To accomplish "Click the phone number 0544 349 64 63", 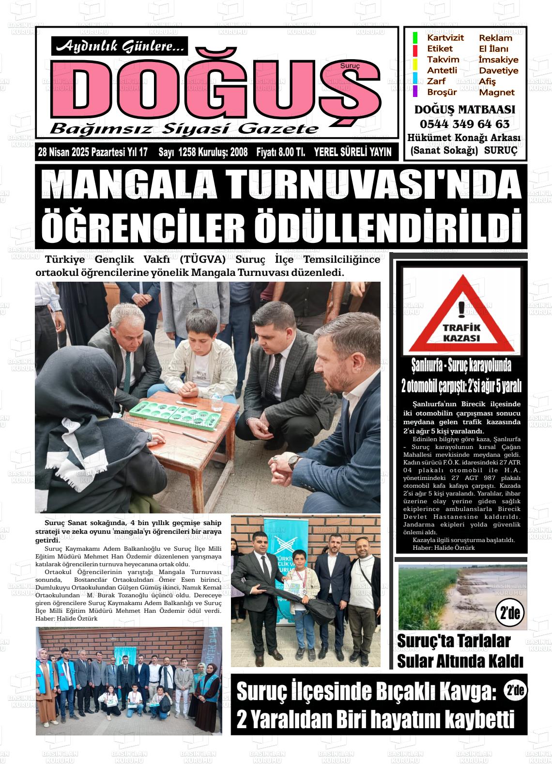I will coord(464,124).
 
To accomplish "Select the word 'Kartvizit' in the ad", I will coord(445,38).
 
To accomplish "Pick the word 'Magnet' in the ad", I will coord(496,92).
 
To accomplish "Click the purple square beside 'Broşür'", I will coord(415,91).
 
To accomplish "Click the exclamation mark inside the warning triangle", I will coord(461,308).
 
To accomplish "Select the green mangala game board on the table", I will coord(184,415).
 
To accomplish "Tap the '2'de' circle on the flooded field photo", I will coord(509,613).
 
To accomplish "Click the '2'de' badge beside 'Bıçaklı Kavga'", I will coord(516,691).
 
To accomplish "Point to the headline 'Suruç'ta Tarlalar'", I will coord(454,641).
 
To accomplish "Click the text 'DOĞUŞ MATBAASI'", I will coord(464,110).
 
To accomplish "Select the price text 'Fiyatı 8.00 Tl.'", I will coord(281,152).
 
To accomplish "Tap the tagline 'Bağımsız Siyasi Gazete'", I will coord(184,128).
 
